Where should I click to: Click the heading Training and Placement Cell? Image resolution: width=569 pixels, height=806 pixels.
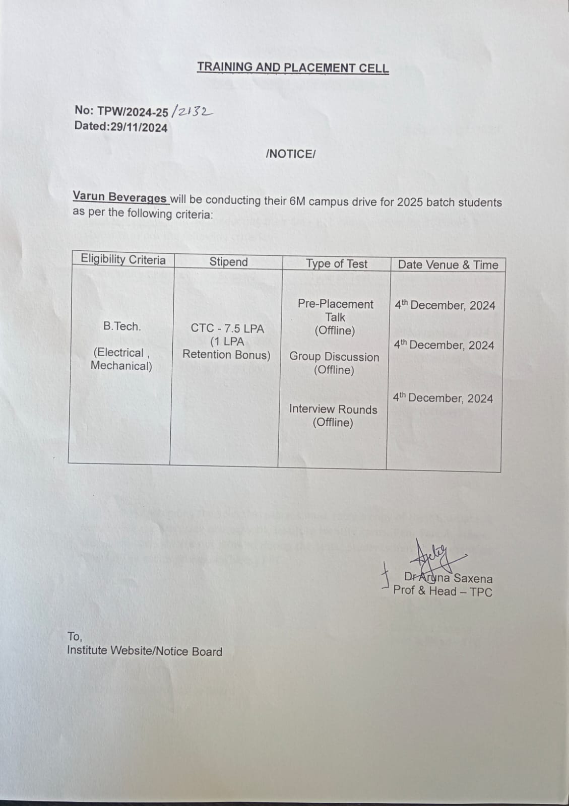coord(292,68)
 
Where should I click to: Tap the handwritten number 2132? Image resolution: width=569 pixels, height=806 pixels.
coord(193,111)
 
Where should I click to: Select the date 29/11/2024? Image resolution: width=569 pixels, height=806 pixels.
coord(139,127)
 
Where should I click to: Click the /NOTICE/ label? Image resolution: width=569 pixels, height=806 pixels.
coord(290,154)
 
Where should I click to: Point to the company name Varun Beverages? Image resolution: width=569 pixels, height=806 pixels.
coord(119,197)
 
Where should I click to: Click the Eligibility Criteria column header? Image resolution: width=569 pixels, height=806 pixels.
coord(123,260)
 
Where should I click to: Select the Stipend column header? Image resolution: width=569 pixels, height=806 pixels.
coord(228,262)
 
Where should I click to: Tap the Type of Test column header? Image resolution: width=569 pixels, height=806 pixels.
coord(337,264)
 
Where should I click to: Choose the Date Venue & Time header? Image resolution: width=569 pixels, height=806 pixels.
coord(448,265)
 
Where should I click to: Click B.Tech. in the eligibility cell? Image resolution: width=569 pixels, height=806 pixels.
coord(122,326)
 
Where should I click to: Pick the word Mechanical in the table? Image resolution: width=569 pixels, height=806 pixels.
coord(121,366)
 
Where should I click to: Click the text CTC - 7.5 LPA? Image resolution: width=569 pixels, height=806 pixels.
coord(227,328)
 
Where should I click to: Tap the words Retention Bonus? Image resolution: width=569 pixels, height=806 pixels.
coord(226,355)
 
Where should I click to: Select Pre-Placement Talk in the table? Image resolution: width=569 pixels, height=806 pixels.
coord(335,311)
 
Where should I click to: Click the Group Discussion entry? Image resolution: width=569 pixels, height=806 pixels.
coord(334,357)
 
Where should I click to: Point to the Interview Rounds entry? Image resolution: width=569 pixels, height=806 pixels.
coord(333,410)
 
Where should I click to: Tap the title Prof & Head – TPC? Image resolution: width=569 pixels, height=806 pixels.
coord(442,591)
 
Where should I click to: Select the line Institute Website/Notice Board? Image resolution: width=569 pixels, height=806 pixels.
coord(145,651)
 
